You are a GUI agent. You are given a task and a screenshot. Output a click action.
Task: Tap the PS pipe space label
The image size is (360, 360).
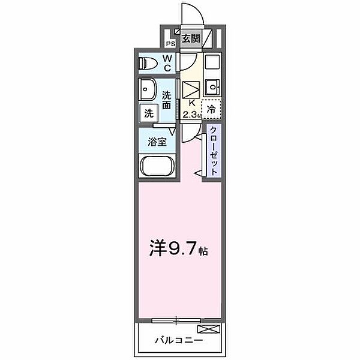170,44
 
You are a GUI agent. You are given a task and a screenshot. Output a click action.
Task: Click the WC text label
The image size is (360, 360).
167,62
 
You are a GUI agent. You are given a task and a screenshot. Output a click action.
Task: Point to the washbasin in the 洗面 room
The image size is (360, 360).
148,90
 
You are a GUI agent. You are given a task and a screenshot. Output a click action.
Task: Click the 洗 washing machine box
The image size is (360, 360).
148,112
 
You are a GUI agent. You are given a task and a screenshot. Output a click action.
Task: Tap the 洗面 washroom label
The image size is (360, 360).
167,100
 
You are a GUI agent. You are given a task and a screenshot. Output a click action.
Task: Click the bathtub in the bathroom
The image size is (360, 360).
157,166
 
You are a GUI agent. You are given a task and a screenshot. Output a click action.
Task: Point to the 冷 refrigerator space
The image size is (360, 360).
212,109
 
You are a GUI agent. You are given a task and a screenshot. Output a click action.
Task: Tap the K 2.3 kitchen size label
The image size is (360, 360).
191,109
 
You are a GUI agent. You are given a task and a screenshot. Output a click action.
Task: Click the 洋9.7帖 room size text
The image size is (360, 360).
179,248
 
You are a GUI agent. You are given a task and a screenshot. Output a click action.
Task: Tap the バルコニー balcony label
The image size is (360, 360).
177,340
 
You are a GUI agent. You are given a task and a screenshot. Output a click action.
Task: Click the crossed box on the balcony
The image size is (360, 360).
212,329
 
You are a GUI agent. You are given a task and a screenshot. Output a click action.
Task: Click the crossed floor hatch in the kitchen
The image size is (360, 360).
191,90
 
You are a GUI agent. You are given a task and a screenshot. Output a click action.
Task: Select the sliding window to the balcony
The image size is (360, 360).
177,319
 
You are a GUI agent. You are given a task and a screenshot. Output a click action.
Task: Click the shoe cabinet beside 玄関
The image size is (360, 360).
208,39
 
